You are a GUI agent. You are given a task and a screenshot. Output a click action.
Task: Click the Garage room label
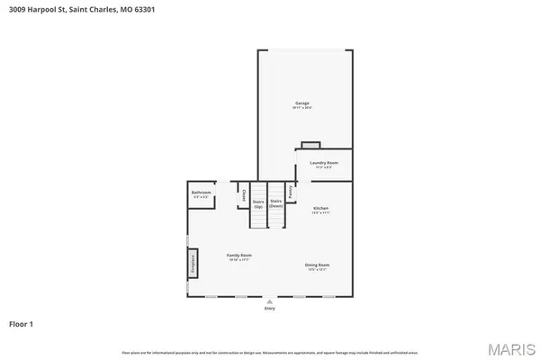301,103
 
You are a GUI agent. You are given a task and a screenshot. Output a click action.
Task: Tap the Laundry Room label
323,163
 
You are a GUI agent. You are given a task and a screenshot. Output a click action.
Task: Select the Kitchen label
320,208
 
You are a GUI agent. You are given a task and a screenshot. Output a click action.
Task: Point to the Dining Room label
319,265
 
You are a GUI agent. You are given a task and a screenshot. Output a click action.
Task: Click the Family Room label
238,256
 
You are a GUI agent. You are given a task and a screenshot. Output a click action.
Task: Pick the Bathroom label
201,193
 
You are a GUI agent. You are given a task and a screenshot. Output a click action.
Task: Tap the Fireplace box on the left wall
192,264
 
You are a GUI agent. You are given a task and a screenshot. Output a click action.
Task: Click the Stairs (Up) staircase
258,216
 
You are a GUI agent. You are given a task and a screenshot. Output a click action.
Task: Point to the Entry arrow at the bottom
269,301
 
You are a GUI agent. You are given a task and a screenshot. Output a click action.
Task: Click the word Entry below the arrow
269,309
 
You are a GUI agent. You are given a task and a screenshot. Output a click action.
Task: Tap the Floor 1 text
22,323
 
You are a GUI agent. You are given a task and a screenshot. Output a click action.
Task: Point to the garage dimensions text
301,108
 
